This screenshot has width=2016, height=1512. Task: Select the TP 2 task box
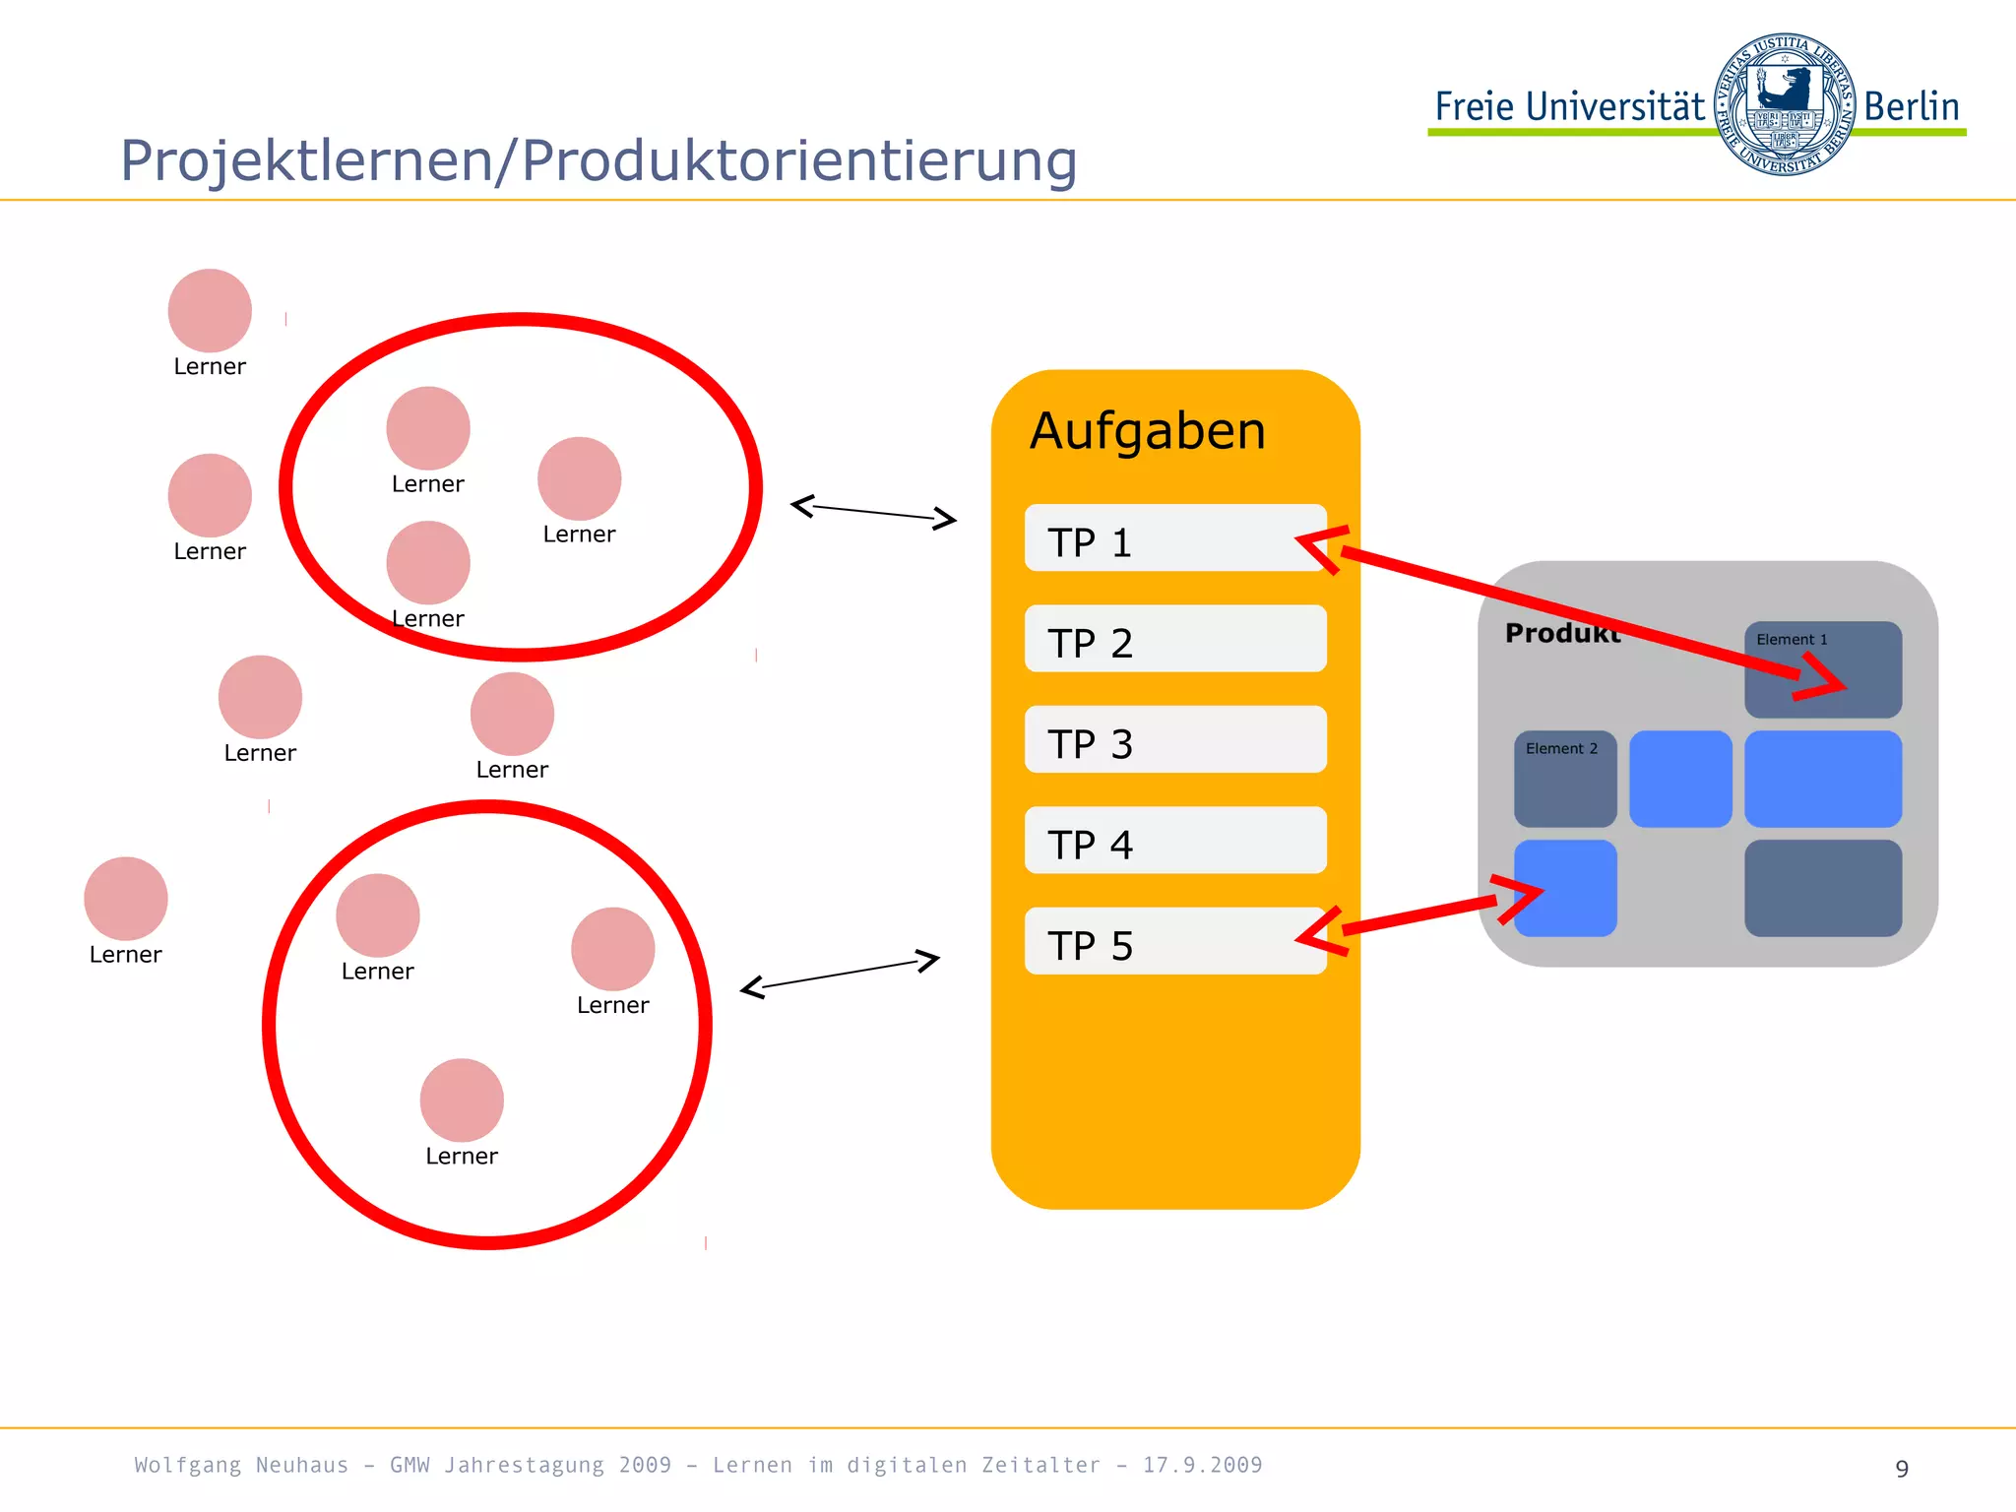1175,639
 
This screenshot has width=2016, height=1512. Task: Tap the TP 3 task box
1175,739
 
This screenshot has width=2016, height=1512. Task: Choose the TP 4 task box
1175,840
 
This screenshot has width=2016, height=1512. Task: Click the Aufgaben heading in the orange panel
1148,431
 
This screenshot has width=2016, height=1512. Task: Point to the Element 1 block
1822,669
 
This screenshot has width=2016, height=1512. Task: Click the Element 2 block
1564,779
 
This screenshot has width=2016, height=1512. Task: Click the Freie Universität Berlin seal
1784,104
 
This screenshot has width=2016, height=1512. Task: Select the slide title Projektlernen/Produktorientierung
598,160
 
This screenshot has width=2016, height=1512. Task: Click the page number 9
1902,1469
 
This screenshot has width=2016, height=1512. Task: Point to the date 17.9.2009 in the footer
1202,1465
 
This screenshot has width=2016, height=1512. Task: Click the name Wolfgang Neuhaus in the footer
241,1465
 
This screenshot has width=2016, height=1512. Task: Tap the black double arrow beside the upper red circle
873,512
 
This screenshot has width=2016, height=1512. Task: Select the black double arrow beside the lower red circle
840,974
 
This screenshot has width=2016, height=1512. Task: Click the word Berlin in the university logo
1911,106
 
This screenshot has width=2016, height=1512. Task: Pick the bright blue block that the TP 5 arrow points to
1565,888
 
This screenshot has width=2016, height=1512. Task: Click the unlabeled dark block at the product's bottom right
1822,888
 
